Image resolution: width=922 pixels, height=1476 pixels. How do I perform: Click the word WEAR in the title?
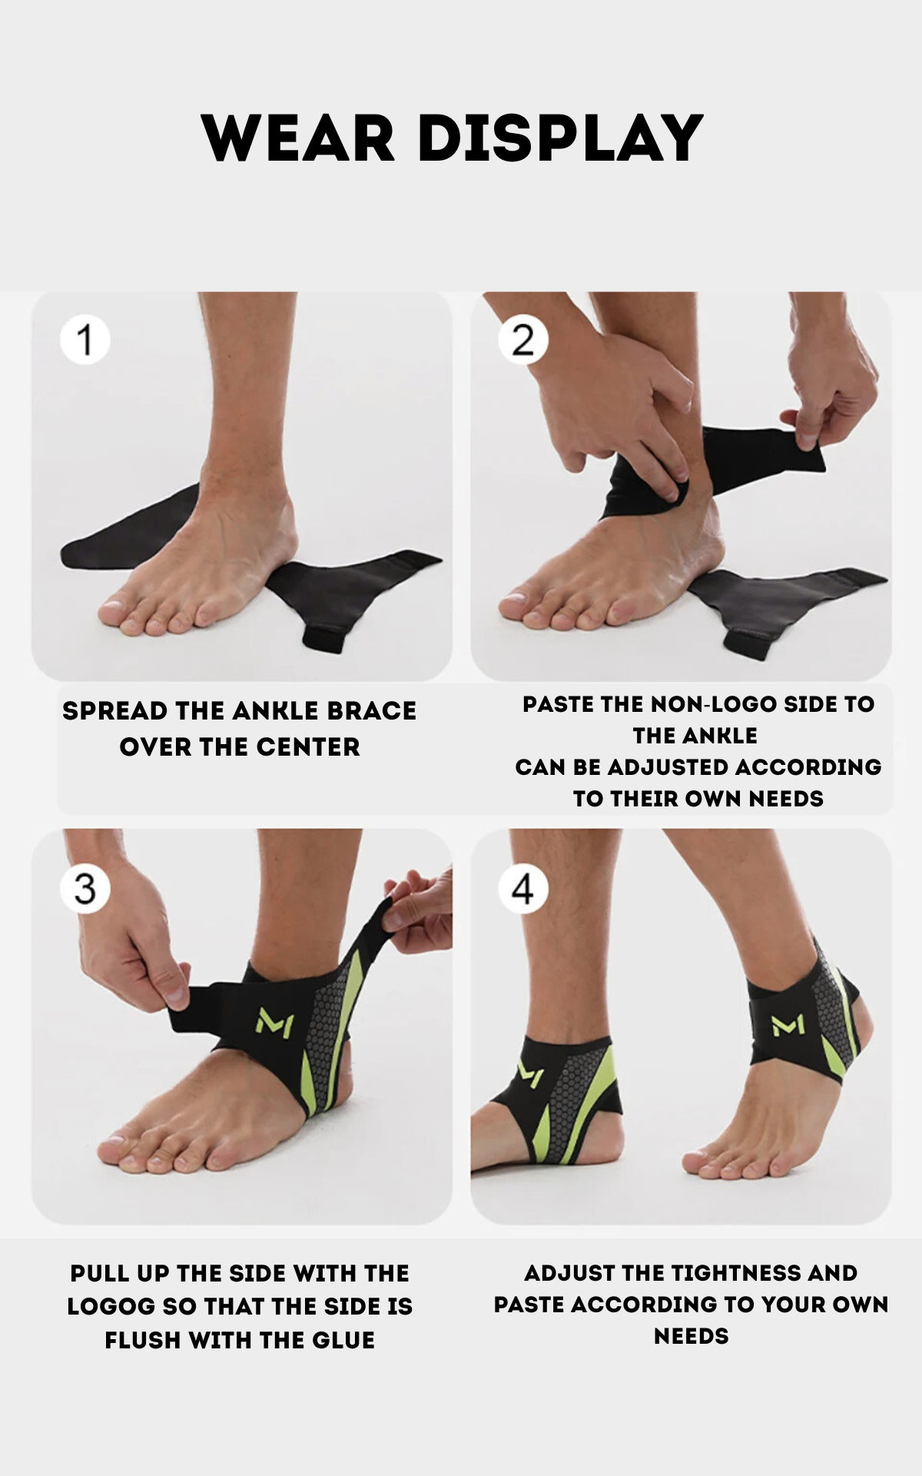tap(298, 138)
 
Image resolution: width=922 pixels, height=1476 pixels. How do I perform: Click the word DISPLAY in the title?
tap(561, 138)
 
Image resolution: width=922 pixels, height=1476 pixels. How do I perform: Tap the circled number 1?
tap(85, 340)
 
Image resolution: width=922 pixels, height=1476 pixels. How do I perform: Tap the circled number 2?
tap(523, 340)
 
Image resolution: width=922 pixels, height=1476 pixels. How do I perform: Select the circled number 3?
tap(85, 889)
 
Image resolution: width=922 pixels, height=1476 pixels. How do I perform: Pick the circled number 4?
tap(523, 889)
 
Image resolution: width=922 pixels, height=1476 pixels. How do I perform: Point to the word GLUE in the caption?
tap(343, 1340)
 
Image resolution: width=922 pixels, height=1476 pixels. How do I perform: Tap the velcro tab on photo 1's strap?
tap(325, 637)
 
